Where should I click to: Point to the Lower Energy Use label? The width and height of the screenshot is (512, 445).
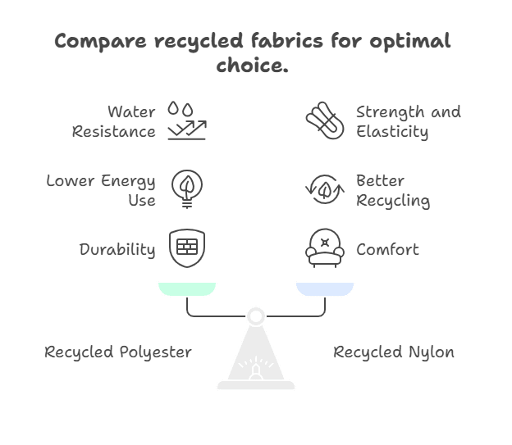pyautogui.click(x=101, y=189)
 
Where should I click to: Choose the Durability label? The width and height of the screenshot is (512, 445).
pyautogui.click(x=117, y=249)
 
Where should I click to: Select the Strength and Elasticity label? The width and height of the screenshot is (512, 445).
pyautogui.click(x=408, y=120)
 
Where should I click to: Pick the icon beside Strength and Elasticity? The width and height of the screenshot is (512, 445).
pyautogui.click(x=325, y=120)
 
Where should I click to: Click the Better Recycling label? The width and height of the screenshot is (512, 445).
pyautogui.click(x=392, y=189)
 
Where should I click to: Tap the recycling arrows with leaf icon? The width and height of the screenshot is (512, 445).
pyautogui.click(x=325, y=188)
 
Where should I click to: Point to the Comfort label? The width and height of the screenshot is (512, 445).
pyautogui.click(x=386, y=249)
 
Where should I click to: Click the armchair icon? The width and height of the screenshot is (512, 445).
pyautogui.click(x=325, y=248)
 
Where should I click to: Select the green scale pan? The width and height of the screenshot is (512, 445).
pyautogui.click(x=187, y=288)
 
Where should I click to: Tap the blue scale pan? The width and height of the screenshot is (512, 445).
pyautogui.click(x=325, y=288)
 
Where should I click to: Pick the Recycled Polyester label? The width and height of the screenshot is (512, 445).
pyautogui.click(x=117, y=352)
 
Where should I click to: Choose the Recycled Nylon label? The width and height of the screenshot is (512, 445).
pyautogui.click(x=393, y=352)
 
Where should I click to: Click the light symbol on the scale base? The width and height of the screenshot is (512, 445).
pyautogui.click(x=256, y=369)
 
